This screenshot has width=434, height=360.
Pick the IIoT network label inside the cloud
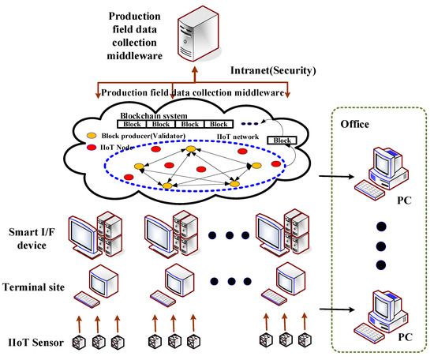pos(236,136)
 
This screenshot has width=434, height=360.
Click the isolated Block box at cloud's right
pos(282,141)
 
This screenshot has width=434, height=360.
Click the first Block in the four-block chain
pos(131,124)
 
